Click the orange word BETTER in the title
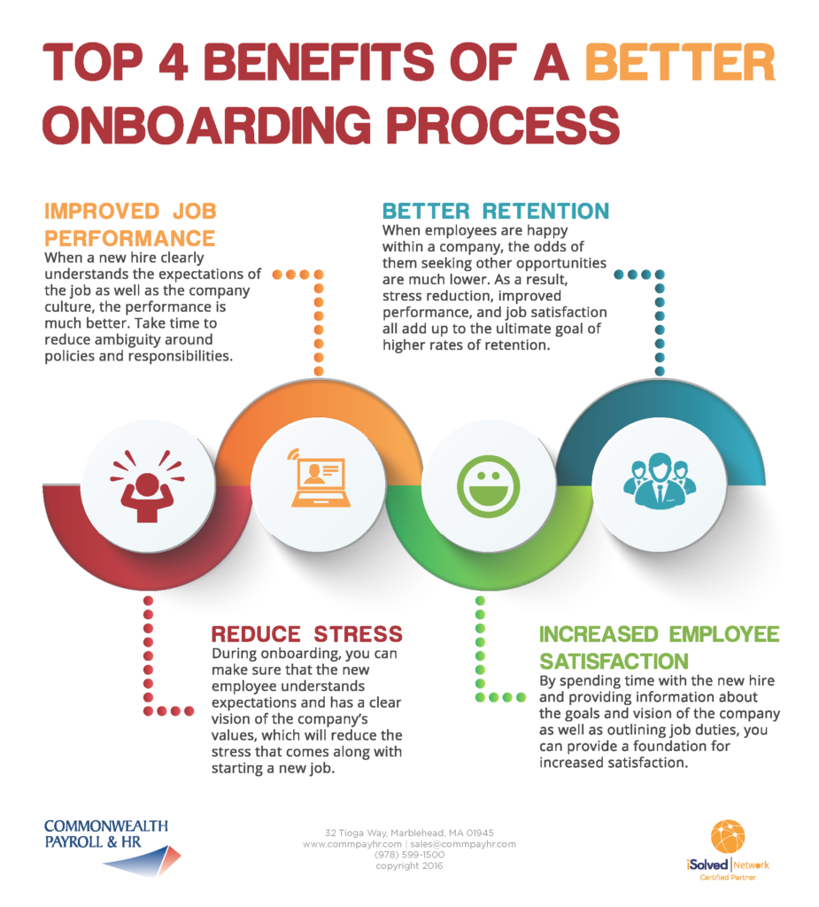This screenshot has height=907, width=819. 680,62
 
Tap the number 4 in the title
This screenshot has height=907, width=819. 173,62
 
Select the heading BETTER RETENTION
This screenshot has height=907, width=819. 496,211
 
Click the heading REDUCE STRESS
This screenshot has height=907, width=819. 306,634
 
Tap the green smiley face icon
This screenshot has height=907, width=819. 488,486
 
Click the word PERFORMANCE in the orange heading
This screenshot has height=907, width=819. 129,238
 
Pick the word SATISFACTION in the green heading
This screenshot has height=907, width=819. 614,661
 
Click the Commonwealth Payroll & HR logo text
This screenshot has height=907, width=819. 106,833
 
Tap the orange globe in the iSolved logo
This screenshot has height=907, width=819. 728,836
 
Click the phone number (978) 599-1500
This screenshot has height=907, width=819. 409,855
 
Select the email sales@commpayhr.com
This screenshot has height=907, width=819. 463,844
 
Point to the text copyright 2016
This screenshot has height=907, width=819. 409,865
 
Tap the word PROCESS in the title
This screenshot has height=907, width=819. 503,125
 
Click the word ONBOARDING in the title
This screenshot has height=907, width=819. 206,125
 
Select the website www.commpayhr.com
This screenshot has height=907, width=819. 352,844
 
